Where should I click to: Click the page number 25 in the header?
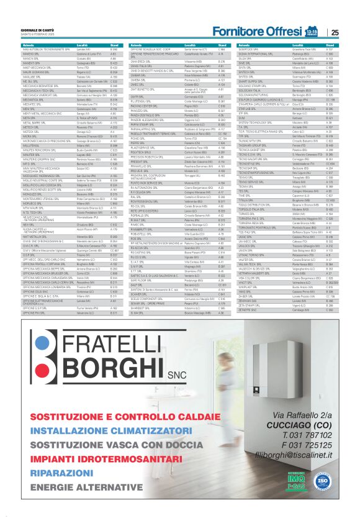pos(335,33)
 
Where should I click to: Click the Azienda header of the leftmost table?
pos(28,45)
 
